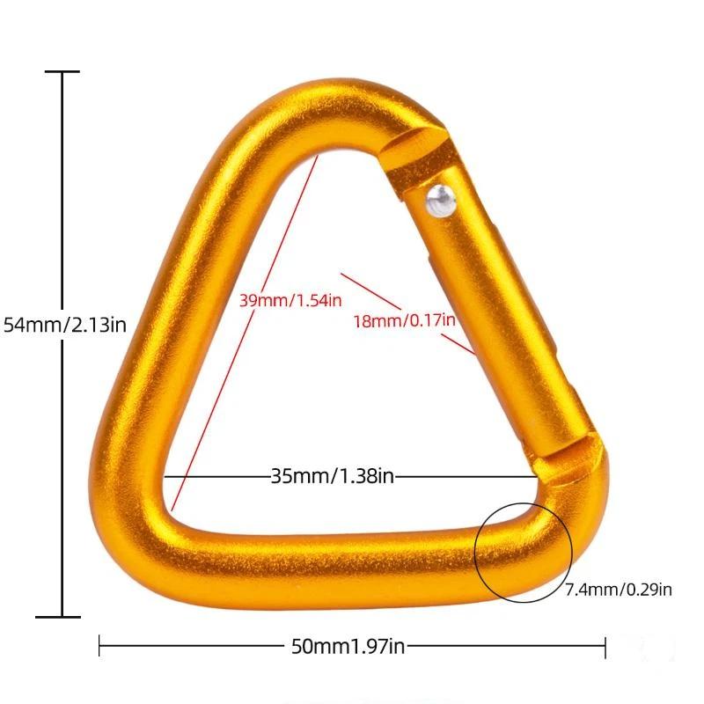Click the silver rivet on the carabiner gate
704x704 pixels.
point(441,201)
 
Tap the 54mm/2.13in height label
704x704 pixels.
point(65,325)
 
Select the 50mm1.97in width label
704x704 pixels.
point(348,647)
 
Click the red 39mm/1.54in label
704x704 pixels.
point(290,300)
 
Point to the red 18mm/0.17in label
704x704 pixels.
point(404,320)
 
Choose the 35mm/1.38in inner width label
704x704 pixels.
point(333,476)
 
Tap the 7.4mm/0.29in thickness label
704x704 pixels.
point(619,590)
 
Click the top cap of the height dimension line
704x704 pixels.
point(62,71)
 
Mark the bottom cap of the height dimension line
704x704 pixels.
point(58,617)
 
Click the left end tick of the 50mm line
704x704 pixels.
point(99,647)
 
